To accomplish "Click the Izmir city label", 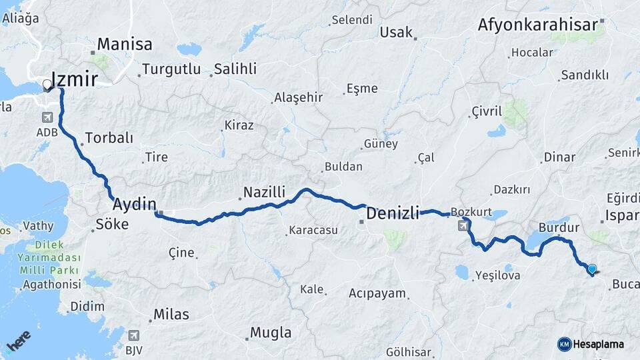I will click(75, 79).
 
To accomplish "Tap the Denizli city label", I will click(393, 213).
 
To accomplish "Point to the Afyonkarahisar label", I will click(537, 25).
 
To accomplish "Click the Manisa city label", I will click(125, 45).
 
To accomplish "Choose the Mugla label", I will click(271, 332).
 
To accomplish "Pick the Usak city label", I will click(396, 32).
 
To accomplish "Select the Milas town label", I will click(171, 314).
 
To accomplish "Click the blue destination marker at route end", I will click(592, 269).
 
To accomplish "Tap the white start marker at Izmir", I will click(47, 85).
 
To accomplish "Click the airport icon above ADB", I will click(47, 117).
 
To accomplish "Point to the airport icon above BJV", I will click(135, 335).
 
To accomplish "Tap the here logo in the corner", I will click(19, 341).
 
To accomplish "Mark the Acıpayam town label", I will click(377, 293).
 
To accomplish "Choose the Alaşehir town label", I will click(298, 97).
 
